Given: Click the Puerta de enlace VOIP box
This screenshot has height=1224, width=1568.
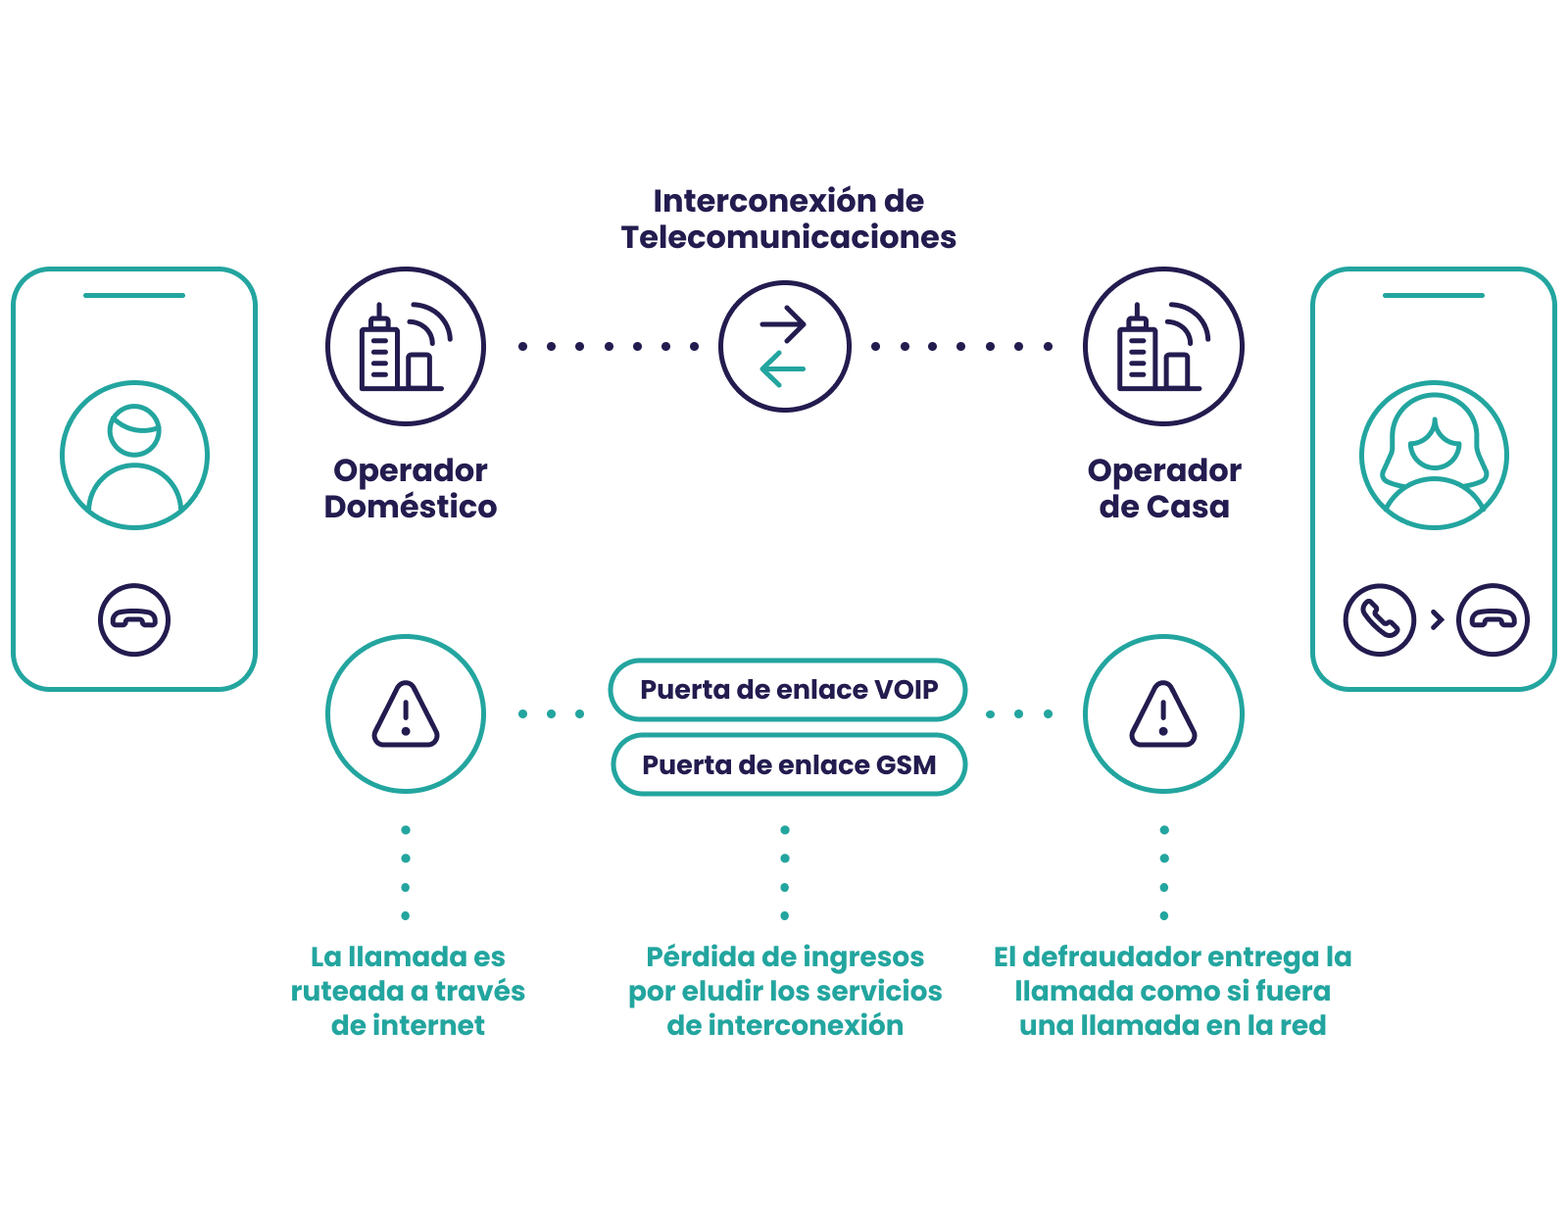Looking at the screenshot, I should pos(787,690).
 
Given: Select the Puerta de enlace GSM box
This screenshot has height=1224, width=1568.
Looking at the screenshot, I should pos(789,764).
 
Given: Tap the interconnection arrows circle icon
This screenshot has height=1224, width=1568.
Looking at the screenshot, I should pos(784,346).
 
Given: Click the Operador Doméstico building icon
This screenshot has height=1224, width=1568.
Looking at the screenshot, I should pos(406,346).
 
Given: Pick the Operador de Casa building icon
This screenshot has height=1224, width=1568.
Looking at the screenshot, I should pos(1163,346).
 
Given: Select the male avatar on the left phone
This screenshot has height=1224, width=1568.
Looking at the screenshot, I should pos(134,455).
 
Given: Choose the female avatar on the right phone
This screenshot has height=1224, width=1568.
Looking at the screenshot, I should pos(1434,455).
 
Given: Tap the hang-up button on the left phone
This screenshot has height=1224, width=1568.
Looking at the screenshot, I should pos(134,619).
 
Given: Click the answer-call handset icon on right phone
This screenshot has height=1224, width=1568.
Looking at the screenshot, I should pos(1379,619).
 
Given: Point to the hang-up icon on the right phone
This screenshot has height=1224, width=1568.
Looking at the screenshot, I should pos(1493,619).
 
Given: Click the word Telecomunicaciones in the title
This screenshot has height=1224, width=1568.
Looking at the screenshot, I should pos(789,237).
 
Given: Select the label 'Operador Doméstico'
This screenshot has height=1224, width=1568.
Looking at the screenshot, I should pos(411,488).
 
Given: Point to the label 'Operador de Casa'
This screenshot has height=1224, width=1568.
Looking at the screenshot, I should pos(1164,488).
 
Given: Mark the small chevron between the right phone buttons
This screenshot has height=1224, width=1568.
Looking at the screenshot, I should pos(1437,619).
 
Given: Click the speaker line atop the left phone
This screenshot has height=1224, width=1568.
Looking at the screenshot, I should pos(134,295).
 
